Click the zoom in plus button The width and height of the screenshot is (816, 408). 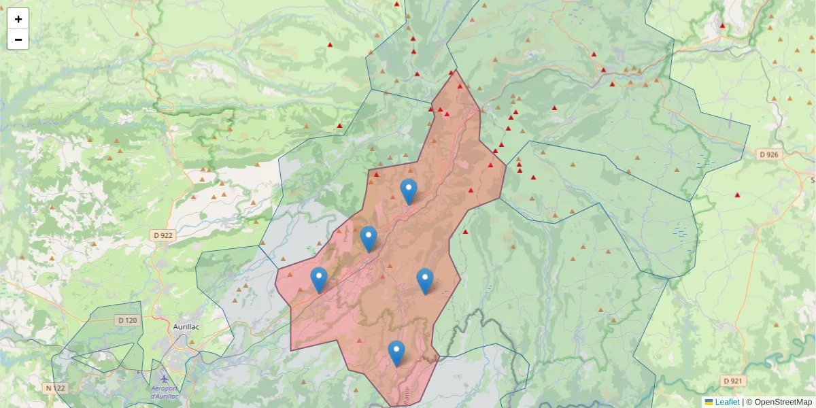[x=18, y=19]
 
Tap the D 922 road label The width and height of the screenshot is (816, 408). [x=162, y=235]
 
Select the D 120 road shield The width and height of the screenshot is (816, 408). [x=127, y=320]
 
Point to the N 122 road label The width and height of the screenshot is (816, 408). [x=56, y=388]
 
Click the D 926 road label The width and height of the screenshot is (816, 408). [x=770, y=154]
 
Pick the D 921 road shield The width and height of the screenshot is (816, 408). [x=734, y=381]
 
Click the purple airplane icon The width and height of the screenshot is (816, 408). [x=164, y=378]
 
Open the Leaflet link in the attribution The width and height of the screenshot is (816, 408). [x=727, y=402]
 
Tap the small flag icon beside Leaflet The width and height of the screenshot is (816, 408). [x=709, y=402]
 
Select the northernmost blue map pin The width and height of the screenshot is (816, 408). [x=408, y=191]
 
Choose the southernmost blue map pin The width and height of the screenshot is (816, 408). [x=396, y=353]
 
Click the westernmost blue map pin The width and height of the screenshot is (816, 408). [x=319, y=279]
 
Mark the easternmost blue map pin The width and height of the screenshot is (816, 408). [x=425, y=281]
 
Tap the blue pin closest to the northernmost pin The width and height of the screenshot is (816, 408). [x=369, y=239]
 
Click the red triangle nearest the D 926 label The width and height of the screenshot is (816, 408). [x=737, y=195]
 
